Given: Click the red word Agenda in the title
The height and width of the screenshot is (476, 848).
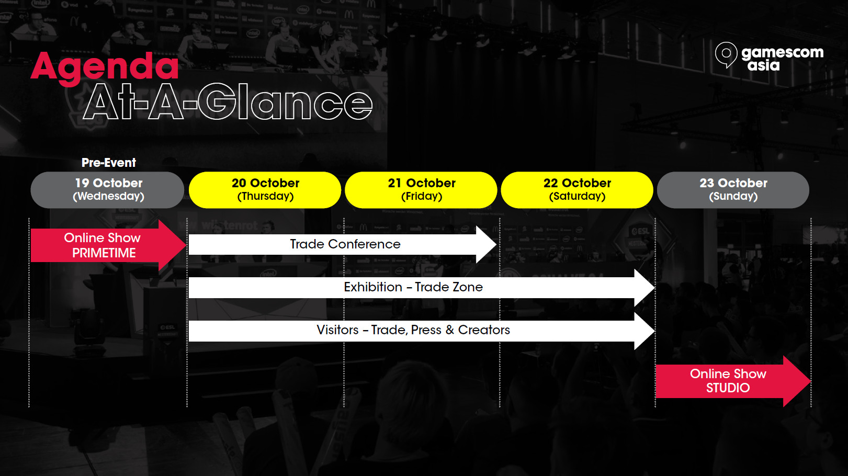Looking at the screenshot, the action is coord(104,67).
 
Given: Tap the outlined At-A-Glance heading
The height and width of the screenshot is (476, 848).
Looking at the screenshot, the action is coord(228,101).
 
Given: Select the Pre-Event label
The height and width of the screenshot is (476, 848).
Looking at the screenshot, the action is coord(109,163).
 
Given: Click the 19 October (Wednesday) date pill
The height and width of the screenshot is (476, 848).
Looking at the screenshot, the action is coord(108,190).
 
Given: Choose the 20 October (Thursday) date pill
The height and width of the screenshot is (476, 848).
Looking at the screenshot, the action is coord(265,190).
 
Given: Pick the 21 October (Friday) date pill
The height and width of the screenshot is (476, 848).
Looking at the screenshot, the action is coord(421,190).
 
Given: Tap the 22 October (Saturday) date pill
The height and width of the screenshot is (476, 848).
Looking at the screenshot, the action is coord(577,190).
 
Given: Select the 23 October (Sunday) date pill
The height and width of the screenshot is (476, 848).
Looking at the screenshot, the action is coord(733,190).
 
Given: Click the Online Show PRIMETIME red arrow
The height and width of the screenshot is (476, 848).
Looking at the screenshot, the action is coord(108,245).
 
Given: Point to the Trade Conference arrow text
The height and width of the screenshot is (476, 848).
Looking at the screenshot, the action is coord(345,244).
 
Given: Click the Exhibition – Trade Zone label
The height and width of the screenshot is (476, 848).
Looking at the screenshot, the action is coord(413,287).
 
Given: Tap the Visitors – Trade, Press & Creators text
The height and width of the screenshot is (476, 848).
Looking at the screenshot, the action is coord(413,330).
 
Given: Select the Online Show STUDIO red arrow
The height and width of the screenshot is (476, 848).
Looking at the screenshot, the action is coord(733,381).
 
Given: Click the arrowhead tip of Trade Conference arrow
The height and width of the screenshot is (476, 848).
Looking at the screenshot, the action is coord(496,245).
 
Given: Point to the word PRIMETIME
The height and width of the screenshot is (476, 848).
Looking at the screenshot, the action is coord(104,253).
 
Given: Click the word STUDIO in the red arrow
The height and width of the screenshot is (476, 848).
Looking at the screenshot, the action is coord(728,388).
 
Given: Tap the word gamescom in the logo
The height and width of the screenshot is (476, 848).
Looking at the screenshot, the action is coord(782,53).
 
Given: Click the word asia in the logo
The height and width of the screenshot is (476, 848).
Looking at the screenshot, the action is coord(764,65).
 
